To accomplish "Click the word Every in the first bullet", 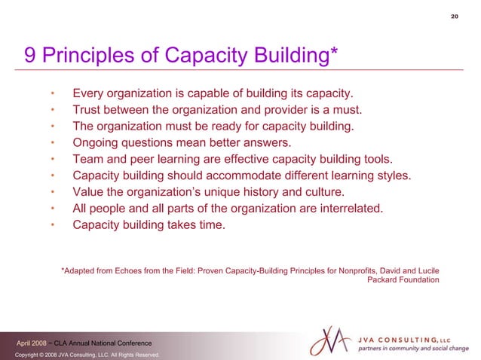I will click(88, 93).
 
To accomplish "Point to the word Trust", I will click(87, 110).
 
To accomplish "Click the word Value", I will click(88, 191).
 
